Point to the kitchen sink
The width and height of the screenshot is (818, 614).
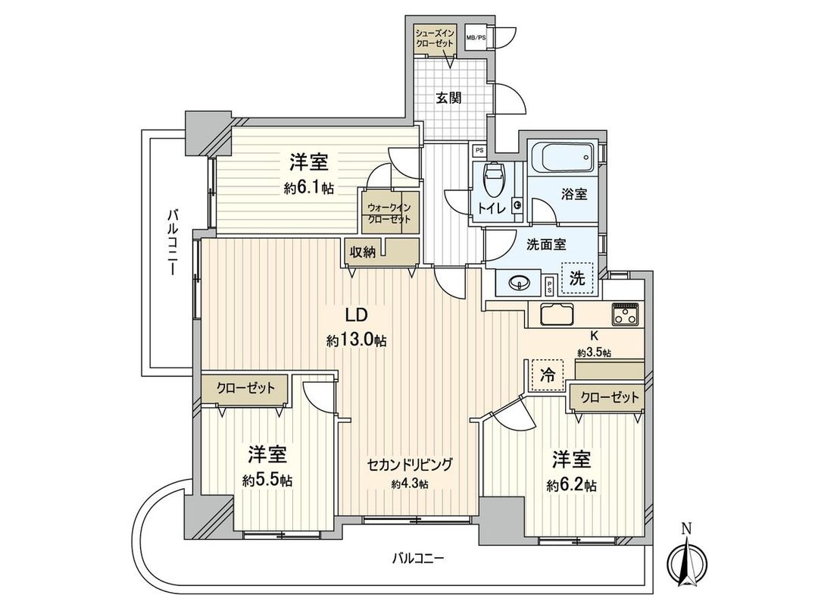click(x=557, y=313)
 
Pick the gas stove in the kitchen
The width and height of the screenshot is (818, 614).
click(x=626, y=313)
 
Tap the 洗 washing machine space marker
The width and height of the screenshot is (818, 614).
click(x=578, y=278)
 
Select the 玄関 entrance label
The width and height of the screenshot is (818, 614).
click(x=449, y=98)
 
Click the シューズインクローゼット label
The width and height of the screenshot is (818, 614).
click(x=435, y=38)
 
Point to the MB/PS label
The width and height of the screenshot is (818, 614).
click(x=476, y=37)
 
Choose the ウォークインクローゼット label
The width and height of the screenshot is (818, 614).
click(x=389, y=213)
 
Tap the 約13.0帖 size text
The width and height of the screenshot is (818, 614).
click(x=357, y=341)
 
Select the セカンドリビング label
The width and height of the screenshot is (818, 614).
click(x=410, y=465)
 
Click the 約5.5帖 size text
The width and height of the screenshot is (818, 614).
click(x=268, y=481)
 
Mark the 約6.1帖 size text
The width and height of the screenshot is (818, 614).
click(x=309, y=189)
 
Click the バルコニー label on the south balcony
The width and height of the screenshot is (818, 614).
click(x=418, y=559)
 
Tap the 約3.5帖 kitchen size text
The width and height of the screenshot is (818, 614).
click(x=595, y=352)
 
